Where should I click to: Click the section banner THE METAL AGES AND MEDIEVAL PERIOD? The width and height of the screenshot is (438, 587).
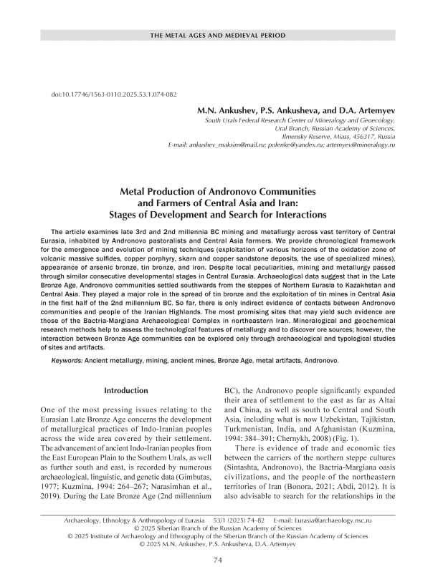click(219, 35)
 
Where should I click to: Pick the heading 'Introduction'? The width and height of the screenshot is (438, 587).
click(126, 390)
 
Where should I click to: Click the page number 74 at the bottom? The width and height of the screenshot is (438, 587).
click(219, 561)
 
